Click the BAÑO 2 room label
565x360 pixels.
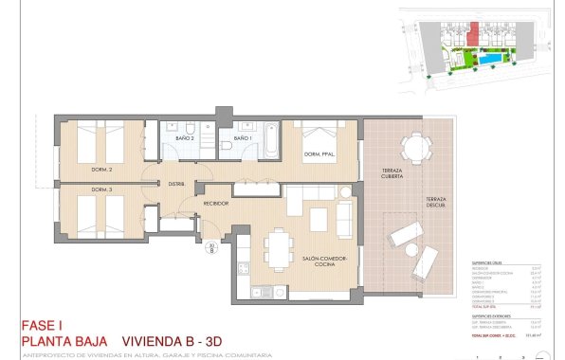click(x=185, y=138)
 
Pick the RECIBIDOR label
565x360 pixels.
click(x=216, y=204)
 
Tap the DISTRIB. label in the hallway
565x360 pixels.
click(x=175, y=183)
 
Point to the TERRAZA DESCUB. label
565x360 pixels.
click(x=436, y=201)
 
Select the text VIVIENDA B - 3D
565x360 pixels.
click(x=184, y=339)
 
